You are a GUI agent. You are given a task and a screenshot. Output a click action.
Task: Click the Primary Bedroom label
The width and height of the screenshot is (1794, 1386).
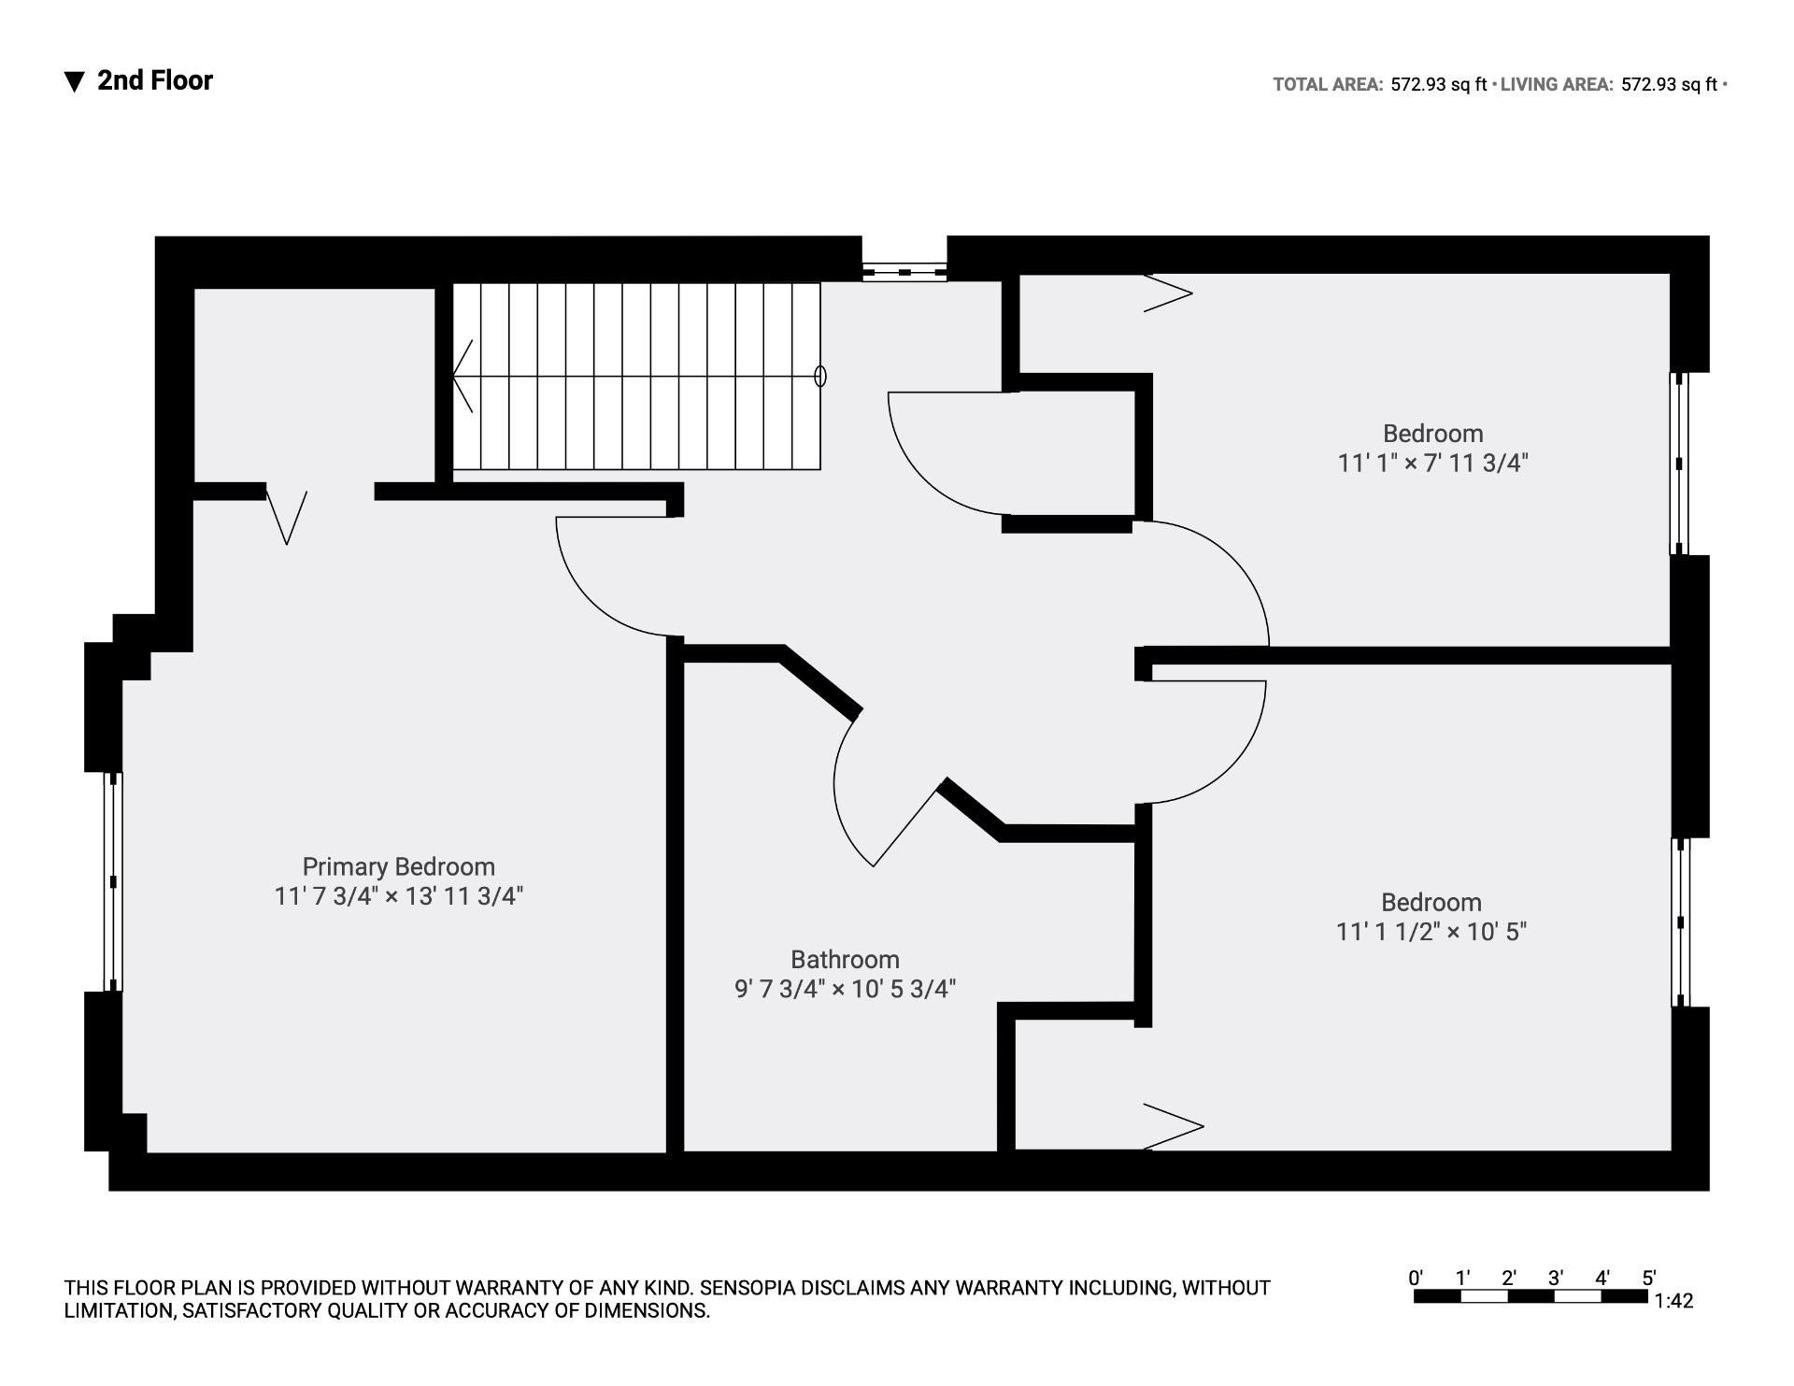pos(398,867)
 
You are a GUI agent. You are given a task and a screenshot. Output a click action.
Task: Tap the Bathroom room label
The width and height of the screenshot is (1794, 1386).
pos(845,960)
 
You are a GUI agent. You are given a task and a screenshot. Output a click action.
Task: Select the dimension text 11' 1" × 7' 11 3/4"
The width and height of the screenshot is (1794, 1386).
pos(1432,463)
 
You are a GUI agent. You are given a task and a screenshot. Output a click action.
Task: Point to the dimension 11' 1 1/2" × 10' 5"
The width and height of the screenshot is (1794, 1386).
pos(1431,932)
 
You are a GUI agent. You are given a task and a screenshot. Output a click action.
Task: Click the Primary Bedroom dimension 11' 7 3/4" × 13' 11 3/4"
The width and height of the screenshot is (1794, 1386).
pos(398,896)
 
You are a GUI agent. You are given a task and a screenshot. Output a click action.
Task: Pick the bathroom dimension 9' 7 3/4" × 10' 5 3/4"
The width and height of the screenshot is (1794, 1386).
pos(845,989)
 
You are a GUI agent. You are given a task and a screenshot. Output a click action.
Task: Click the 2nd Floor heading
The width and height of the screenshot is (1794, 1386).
pos(155,80)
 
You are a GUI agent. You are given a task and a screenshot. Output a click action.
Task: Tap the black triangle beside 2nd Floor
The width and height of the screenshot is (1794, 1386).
pos(75,82)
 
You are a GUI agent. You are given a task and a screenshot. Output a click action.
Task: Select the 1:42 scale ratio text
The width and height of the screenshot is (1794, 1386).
pos(1673,1301)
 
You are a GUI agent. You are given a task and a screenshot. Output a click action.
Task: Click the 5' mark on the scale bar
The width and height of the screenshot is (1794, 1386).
pos(1649,1278)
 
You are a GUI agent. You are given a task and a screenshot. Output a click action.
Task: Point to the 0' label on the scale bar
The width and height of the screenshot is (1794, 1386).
pos(1416,1278)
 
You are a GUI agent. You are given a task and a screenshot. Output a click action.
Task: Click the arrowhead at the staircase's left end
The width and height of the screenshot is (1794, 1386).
pos(462,376)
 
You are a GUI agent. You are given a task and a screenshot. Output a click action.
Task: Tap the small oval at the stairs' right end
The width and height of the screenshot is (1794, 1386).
pos(820,376)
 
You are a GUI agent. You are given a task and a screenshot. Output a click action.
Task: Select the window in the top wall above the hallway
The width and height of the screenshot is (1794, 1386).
pos(904,272)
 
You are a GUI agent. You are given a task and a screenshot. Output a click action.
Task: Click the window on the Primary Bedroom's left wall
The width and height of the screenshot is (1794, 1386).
pos(113,881)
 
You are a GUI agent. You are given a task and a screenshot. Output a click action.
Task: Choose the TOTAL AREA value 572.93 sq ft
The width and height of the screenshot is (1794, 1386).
pos(1439,84)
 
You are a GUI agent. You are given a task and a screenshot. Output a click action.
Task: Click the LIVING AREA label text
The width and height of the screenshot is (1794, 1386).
pos(1557,84)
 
